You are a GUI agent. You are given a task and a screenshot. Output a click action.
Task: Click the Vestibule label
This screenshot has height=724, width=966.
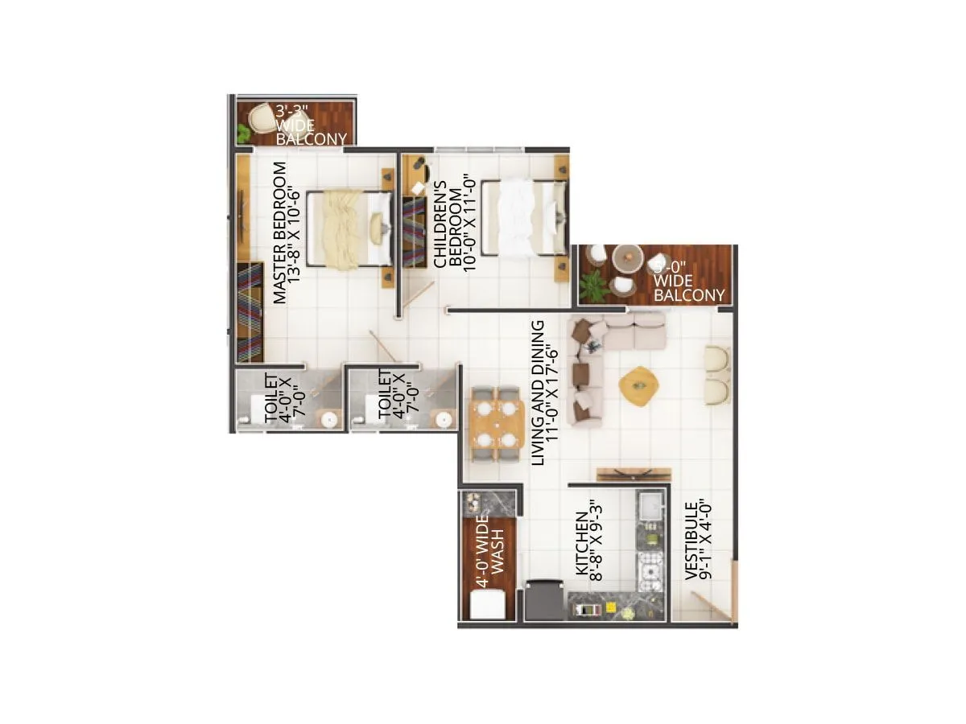click(697, 541)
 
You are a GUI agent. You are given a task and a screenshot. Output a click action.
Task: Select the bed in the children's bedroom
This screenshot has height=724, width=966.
click(521, 220)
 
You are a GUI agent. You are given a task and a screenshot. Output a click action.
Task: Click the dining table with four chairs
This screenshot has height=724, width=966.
click(495, 424)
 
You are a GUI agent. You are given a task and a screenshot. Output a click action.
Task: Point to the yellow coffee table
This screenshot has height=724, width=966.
click(639, 385)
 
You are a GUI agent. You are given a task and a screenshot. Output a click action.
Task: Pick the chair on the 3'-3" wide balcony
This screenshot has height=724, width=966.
click(262, 119)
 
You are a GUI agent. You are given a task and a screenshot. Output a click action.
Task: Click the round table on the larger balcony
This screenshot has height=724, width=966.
click(627, 259)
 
